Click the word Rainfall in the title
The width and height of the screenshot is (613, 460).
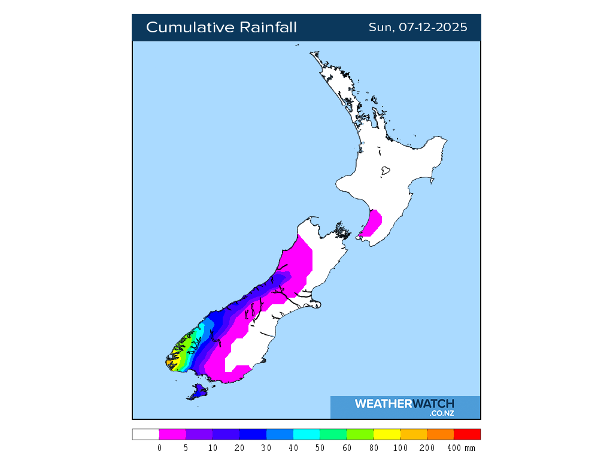pos(268,28)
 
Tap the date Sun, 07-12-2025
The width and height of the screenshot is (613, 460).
pos(418,28)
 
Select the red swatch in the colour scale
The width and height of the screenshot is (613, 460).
pos(467,434)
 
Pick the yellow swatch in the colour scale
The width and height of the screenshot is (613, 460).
pos(387,434)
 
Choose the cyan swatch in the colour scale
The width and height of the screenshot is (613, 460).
pos(306,434)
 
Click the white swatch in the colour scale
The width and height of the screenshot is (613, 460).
pos(145,434)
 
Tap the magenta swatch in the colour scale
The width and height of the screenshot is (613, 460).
pos(172,434)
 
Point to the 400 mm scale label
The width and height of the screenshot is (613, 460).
pos(460,448)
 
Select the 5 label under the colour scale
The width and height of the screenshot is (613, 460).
pos(186,448)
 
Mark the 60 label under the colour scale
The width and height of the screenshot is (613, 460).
pos(347,448)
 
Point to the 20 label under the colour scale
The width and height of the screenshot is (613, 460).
pos(239,448)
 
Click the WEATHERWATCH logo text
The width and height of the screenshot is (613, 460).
pos(404,404)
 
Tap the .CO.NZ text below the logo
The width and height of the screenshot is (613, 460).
pos(442,413)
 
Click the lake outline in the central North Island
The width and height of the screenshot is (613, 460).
pos(386,171)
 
